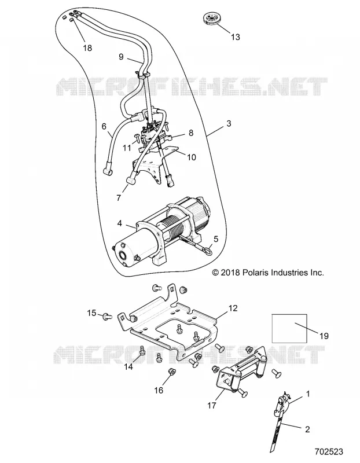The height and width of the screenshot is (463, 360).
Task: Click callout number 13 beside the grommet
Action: pyautogui.click(x=236, y=37)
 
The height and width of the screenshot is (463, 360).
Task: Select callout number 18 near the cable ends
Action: pyautogui.click(x=87, y=48)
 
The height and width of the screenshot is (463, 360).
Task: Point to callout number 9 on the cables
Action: pyautogui.click(x=121, y=57)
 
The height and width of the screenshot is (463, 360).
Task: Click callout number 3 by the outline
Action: pyautogui.click(x=229, y=123)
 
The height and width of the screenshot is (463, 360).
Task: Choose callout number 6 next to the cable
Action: pyautogui.click(x=104, y=126)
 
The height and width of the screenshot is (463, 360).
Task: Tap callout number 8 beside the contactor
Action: pyautogui.click(x=191, y=133)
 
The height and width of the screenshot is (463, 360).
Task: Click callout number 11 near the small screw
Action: pyautogui.click(x=127, y=148)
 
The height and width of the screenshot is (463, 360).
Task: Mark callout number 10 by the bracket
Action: pyautogui.click(x=192, y=157)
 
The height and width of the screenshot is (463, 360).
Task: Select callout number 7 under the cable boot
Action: pyautogui.click(x=119, y=197)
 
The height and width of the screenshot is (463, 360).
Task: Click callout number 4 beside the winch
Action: pyautogui.click(x=119, y=223)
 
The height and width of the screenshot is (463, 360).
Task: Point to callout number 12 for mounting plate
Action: pyautogui.click(x=233, y=308)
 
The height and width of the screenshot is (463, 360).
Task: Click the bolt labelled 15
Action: pyautogui.click(x=106, y=317)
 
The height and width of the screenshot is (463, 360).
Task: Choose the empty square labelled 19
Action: pyautogui.click(x=289, y=328)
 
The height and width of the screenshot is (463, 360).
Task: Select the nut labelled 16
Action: pyautogui.click(x=170, y=371)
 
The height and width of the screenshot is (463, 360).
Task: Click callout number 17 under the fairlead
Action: pyautogui.click(x=212, y=406)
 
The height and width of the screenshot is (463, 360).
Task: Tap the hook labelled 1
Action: pyautogui.click(x=281, y=403)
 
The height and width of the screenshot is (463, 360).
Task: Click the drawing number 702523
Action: pyautogui.click(x=329, y=452)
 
